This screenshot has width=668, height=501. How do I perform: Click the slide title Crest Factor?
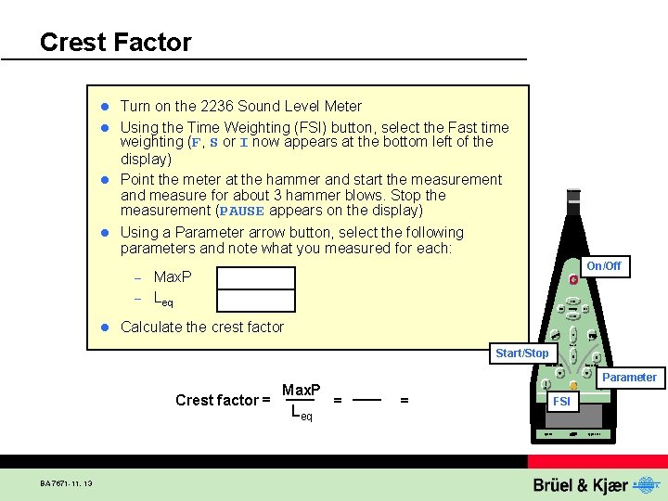pos(116,43)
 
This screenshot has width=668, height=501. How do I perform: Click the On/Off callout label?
pos(603,266)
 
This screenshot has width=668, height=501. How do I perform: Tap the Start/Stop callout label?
pos(521,353)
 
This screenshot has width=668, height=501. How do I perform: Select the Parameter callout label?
pos(630,378)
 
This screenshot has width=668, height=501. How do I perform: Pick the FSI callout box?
pos(561,402)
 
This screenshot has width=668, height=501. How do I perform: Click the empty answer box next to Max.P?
pos(256,277)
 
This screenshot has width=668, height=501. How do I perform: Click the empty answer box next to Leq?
pos(256,300)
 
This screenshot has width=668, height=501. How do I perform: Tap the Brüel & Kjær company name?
pos(580,485)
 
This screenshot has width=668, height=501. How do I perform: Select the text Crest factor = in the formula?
pos(223,400)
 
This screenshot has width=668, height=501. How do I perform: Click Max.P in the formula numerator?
pos(302,389)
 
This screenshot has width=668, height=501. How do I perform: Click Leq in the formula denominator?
pos(302,412)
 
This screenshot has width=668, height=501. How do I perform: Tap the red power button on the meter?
pos(574,279)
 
